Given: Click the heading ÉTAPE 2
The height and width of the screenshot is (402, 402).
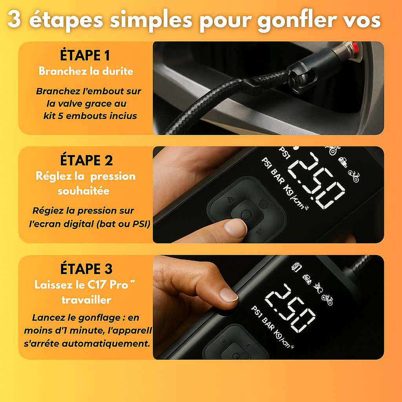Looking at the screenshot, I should coord(86,161).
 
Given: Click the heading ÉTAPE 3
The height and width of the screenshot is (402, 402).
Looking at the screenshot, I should coord(86,269).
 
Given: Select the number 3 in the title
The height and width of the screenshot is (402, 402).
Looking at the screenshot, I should coord(14,20).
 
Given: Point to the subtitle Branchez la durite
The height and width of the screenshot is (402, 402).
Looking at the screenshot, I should coord(86,71).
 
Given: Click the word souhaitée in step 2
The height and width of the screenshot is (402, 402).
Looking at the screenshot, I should coord(83,191).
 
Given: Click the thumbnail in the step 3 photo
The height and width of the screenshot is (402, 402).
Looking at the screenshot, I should coord(228,294).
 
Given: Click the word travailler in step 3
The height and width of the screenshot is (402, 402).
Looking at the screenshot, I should coord(86,300).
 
